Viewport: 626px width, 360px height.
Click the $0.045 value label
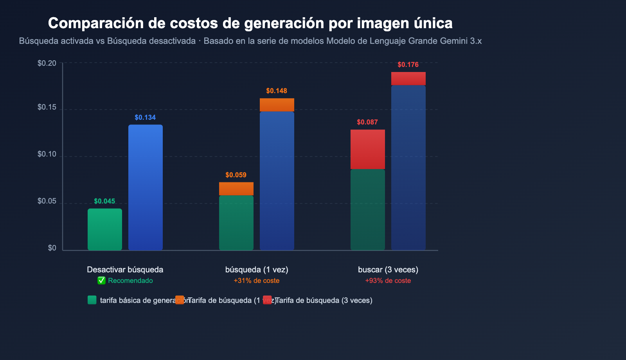click(104, 201)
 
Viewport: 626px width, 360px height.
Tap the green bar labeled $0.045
click(105, 229)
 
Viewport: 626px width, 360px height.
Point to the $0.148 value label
click(277, 91)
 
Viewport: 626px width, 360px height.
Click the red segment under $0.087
click(368, 149)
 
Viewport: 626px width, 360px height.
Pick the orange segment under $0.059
click(236, 189)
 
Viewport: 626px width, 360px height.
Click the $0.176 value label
click(408, 65)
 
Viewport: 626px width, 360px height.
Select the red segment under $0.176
click(408, 78)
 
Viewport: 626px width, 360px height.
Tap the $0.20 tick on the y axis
click(47, 63)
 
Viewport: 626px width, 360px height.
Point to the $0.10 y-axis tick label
click(47, 154)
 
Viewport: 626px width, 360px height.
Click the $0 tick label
click(52, 248)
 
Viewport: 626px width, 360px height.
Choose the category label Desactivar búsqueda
click(125, 270)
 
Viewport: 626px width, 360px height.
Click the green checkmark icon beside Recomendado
click(101, 281)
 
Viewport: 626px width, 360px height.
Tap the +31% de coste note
click(257, 281)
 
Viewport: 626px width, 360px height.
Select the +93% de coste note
click(388, 281)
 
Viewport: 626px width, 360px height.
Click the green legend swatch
click(92, 300)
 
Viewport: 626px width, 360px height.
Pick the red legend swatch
click(267, 300)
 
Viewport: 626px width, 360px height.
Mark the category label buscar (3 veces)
click(388, 270)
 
